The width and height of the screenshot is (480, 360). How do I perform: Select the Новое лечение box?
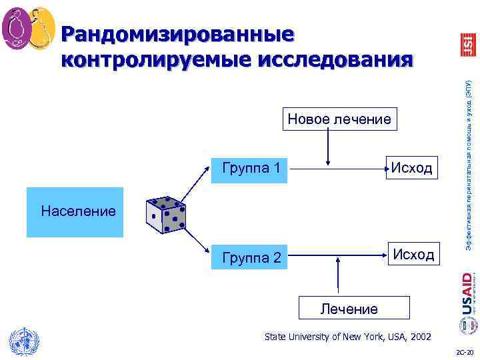tap(339, 119)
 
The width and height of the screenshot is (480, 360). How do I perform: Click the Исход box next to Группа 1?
tap(411, 167)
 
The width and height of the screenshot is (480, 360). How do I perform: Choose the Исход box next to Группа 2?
tap(413, 255)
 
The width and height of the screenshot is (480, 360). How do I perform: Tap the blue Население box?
tap(75, 212)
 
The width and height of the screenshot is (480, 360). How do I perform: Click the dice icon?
tap(165, 213)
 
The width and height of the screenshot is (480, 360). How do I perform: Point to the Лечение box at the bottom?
tap(349, 309)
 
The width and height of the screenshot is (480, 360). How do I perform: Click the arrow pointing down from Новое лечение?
tap(327, 147)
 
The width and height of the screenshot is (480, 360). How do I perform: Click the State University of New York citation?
tap(347, 337)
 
